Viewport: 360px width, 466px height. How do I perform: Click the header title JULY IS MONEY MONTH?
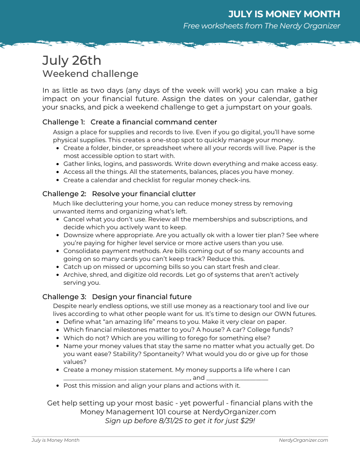pos(284,14)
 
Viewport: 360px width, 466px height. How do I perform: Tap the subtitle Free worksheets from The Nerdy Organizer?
pos(261,26)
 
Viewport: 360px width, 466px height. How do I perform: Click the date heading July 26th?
pos(72,61)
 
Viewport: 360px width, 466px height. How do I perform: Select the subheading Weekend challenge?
pos(90,74)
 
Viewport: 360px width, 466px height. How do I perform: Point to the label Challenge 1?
pos(64,122)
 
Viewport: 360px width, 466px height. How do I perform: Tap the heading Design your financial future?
pos(142,297)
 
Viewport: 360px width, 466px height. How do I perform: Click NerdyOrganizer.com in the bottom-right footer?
pos(303,440)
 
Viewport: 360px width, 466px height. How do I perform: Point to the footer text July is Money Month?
pos(55,440)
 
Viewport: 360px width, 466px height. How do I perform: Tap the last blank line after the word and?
pos(237,378)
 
